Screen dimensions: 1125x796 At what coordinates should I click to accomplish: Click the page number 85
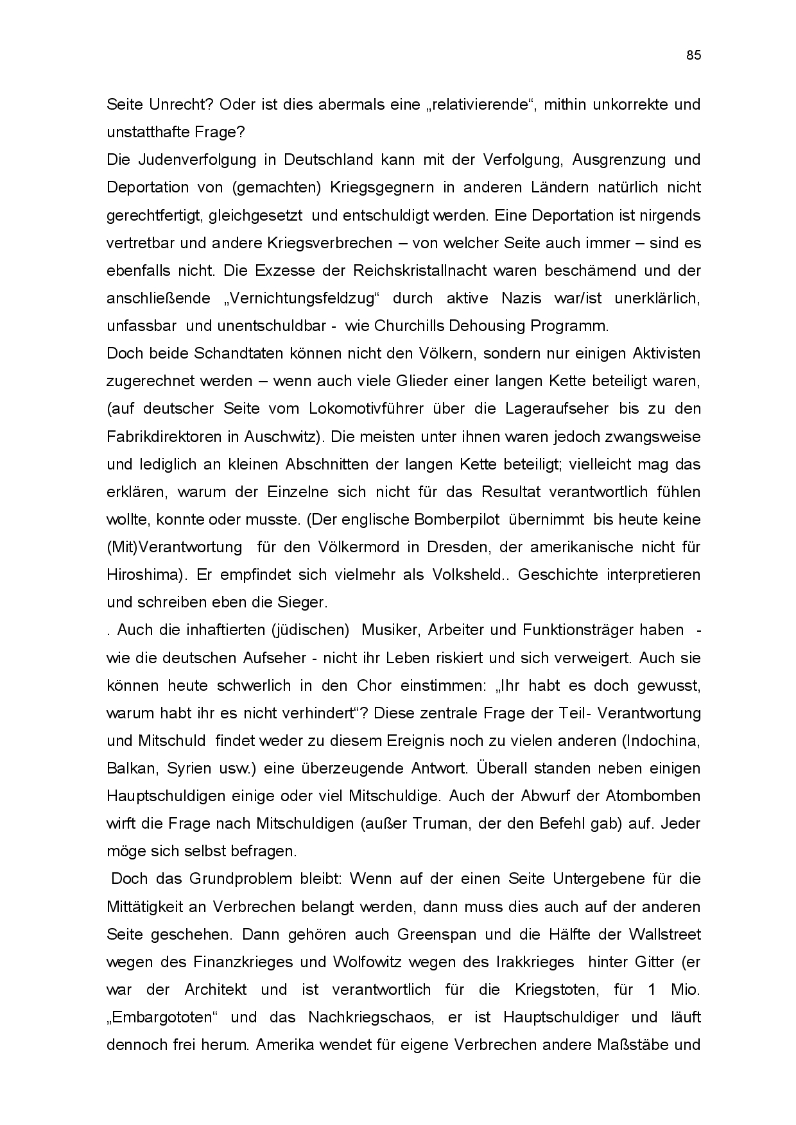[x=693, y=55]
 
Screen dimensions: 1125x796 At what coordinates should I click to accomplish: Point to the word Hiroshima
[x=141, y=575]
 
